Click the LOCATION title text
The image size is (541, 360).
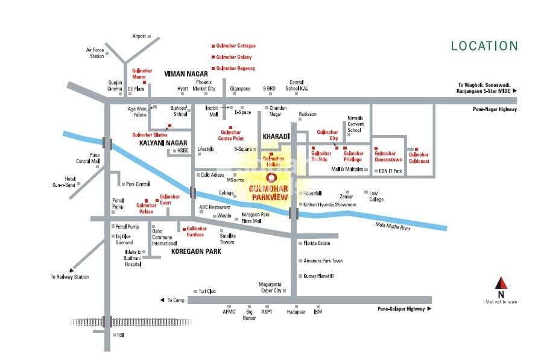point(484,46)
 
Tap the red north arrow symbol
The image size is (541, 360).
point(501,283)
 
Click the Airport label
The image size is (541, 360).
point(139,36)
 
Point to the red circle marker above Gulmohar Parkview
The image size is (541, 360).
point(271,178)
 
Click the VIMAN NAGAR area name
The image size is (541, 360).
point(186,73)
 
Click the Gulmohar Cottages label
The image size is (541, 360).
point(235,46)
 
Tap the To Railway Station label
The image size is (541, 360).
point(69,277)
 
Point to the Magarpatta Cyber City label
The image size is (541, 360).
point(270,288)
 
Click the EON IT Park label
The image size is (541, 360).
point(389,171)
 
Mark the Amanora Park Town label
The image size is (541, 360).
point(323,261)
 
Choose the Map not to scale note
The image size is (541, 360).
point(501,302)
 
